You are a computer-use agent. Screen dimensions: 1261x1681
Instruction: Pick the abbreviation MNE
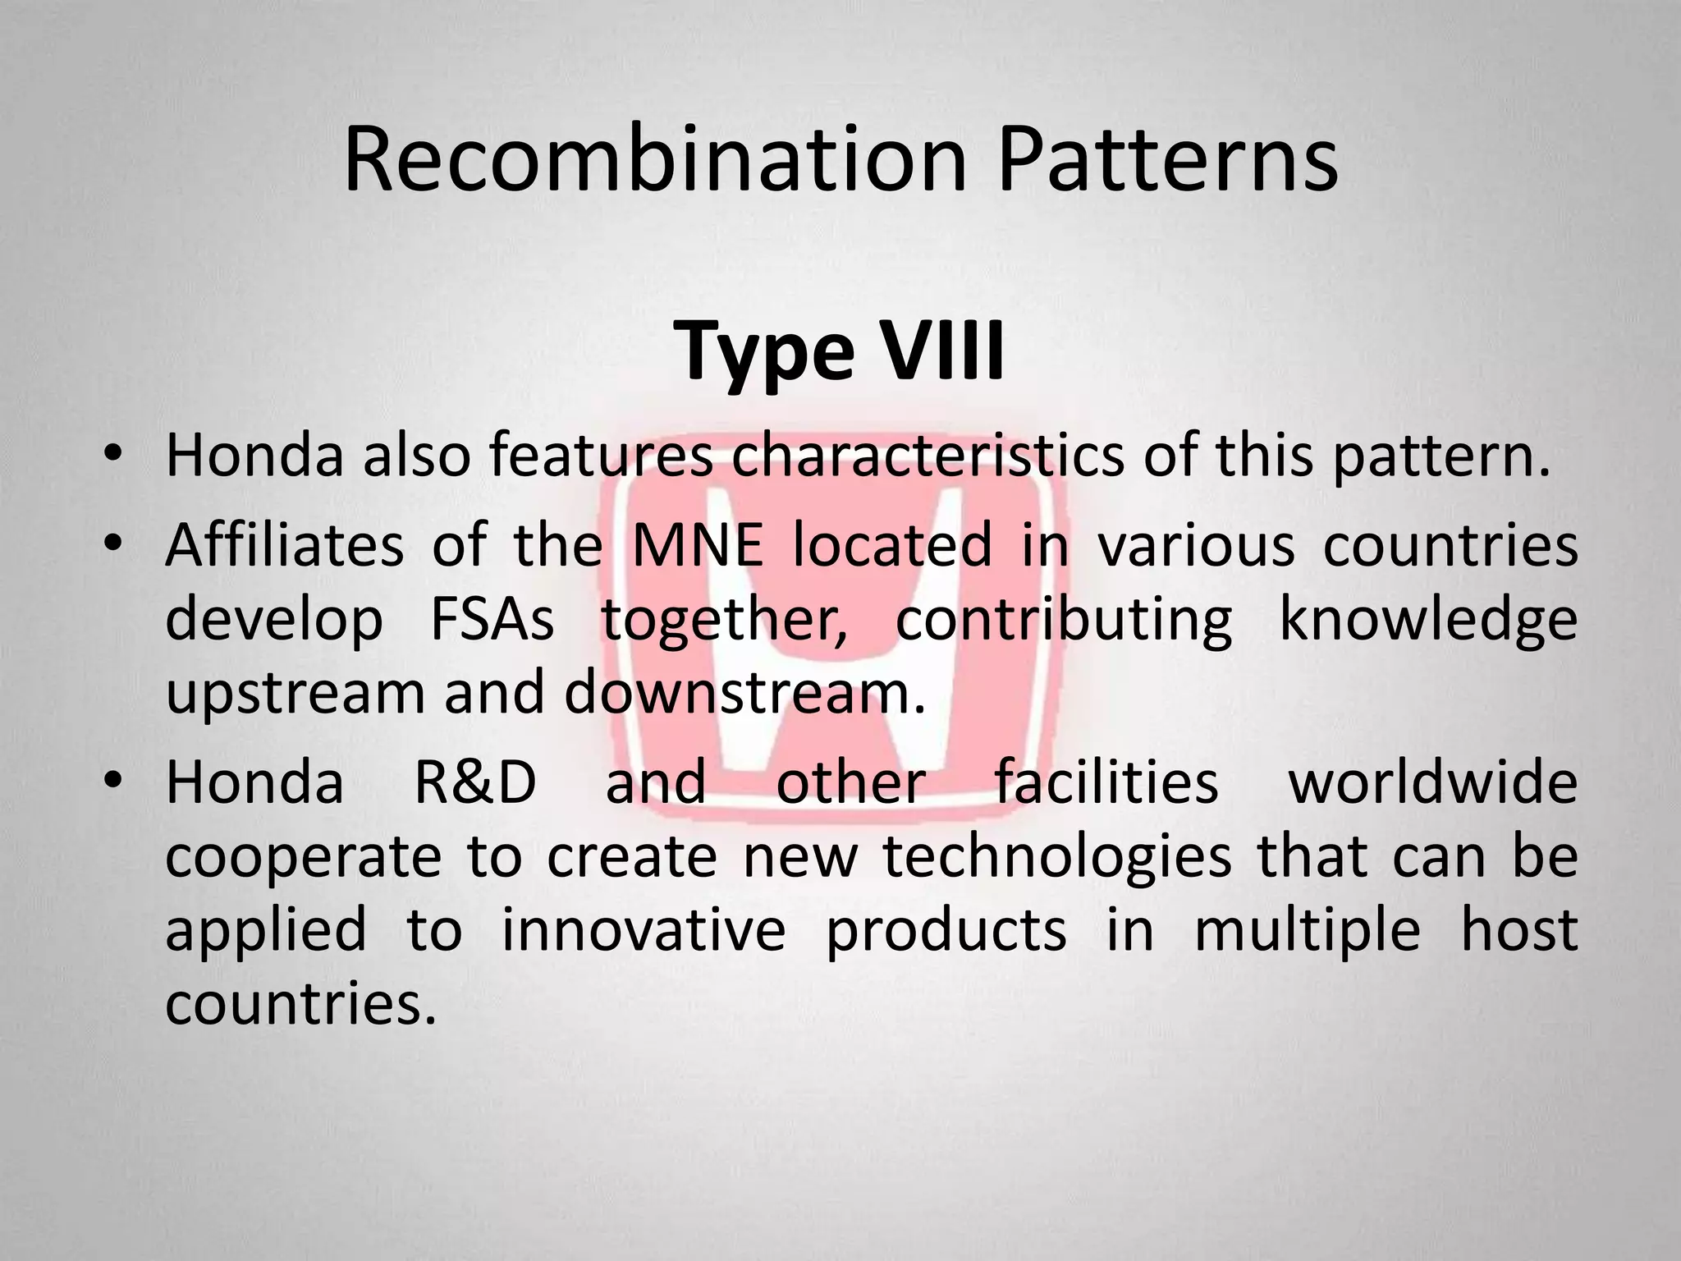pos(698,545)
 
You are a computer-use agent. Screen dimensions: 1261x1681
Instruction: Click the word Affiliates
pos(284,545)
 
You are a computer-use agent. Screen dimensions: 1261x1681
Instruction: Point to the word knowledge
pos(1428,621)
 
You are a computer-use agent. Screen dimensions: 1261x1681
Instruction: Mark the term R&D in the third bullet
pos(474,782)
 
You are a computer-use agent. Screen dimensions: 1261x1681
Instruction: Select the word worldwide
pos(1433,782)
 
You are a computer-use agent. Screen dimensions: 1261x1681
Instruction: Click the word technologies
pos(1058,857)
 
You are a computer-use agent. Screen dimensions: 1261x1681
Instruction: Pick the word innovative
pos(644,930)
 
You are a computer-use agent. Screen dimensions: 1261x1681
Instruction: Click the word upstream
pos(295,695)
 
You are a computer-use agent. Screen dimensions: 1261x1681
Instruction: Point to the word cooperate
pos(304,857)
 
